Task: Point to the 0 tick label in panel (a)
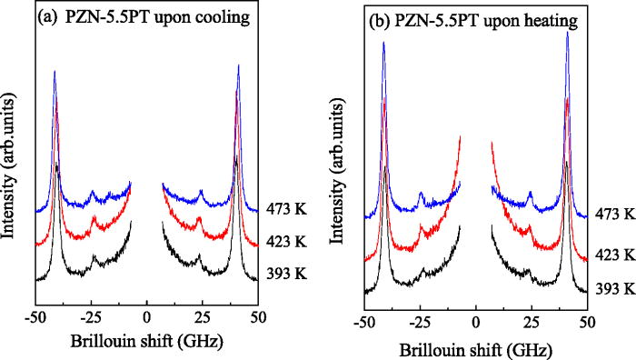click(147, 317)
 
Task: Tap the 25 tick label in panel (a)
click(203, 317)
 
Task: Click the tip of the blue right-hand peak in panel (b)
click(568, 33)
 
